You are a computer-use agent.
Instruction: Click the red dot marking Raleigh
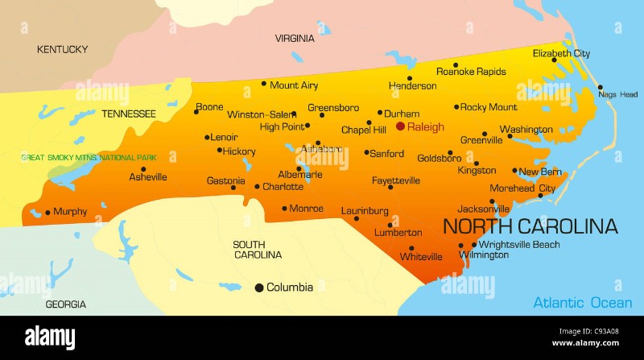click(x=400, y=126)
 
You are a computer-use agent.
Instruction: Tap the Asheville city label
click(x=148, y=176)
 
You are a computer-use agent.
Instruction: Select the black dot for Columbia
click(x=259, y=288)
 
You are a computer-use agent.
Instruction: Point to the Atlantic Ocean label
click(x=582, y=303)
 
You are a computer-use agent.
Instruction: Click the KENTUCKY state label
click(x=62, y=50)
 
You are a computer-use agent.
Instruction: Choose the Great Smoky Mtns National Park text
click(x=89, y=158)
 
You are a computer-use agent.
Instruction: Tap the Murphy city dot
click(x=47, y=213)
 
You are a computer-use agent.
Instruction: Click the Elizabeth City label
click(x=561, y=54)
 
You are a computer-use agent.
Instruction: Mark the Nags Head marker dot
click(x=599, y=87)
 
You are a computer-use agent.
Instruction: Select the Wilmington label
click(x=484, y=255)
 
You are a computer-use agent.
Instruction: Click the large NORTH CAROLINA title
click(x=530, y=226)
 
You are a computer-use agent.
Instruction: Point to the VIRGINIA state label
click(x=295, y=38)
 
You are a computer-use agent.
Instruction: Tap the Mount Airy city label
click(x=294, y=85)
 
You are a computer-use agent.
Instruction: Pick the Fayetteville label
click(x=396, y=180)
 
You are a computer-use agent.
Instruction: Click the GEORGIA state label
click(x=65, y=304)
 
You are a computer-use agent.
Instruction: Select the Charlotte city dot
click(x=257, y=187)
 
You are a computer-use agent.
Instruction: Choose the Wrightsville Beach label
click(x=519, y=244)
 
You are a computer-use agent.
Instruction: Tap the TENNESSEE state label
click(x=128, y=114)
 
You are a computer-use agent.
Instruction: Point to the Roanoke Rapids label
click(x=471, y=72)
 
